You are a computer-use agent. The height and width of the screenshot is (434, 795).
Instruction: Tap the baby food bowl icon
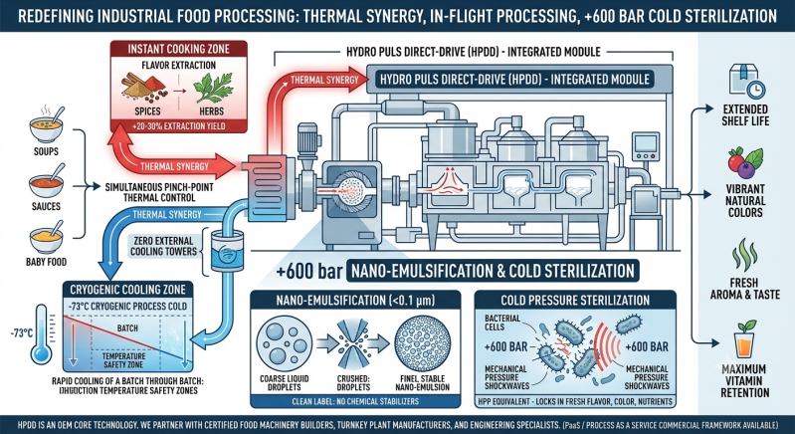[x=46, y=237]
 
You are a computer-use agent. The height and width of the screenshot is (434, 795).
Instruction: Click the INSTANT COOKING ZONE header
[x=179, y=49]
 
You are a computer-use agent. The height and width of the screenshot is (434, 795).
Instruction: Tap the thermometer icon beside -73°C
[x=42, y=334]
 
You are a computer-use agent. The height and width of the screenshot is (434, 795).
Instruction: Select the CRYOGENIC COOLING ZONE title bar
[x=127, y=290]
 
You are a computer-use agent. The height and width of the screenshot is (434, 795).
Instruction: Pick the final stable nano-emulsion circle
[x=422, y=339]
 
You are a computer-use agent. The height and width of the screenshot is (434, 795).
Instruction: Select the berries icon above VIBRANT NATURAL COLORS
[x=745, y=163]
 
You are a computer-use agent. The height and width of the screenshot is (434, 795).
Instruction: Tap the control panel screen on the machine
[x=646, y=146]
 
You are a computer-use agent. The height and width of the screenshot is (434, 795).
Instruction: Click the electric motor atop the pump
[x=307, y=138]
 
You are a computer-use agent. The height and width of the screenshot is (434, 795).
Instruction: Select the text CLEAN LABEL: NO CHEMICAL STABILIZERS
[x=355, y=401]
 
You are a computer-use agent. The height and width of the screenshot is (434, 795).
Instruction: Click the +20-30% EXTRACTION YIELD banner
[x=178, y=124]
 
